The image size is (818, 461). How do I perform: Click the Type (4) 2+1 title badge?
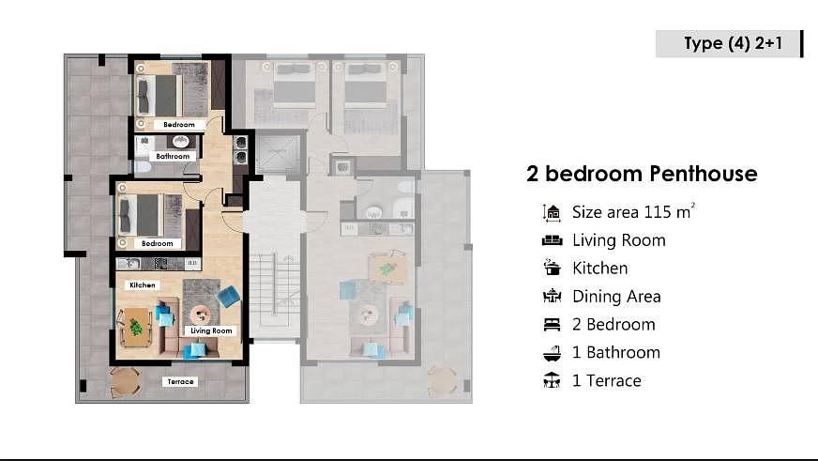(x=729, y=43)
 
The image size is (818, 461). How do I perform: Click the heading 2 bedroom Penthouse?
(x=642, y=174)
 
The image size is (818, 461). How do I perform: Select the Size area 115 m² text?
(x=633, y=211)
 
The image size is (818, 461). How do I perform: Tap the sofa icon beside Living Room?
(x=552, y=240)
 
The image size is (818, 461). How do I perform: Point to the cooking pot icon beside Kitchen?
(x=552, y=268)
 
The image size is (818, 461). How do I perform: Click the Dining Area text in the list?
(x=616, y=297)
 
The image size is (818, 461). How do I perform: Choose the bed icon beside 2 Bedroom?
(x=552, y=324)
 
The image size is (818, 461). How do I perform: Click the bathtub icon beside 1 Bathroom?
(x=552, y=353)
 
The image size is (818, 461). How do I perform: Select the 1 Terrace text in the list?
(x=607, y=380)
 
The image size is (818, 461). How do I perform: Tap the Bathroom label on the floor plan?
(x=173, y=156)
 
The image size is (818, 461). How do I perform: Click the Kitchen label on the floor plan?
(x=143, y=285)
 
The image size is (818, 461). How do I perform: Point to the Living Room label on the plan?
(x=211, y=330)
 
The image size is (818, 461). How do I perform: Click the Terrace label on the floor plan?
(x=180, y=381)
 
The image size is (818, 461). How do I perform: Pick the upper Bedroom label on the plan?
(x=179, y=124)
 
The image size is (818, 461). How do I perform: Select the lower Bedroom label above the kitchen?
(x=157, y=243)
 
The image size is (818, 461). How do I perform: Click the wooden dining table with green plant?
(x=136, y=328)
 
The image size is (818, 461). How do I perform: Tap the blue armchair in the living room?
(x=229, y=297)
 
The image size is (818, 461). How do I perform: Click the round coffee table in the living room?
(x=201, y=315)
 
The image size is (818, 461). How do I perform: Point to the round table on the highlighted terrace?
(x=125, y=383)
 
